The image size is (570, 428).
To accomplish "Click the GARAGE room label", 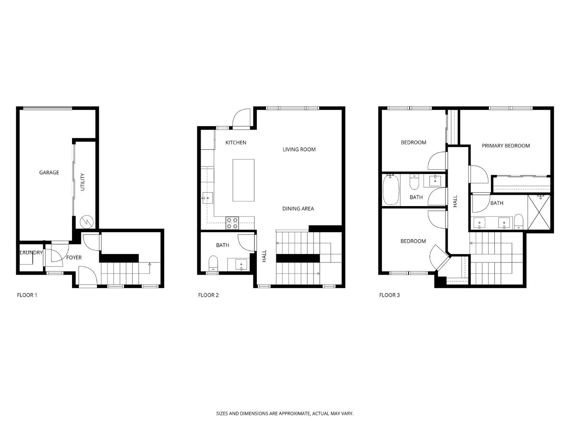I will coord(49,172).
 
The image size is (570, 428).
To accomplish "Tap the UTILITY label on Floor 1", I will coord(83,182).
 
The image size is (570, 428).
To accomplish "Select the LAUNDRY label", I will coord(31,252).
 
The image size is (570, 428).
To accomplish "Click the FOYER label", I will coord(74,258).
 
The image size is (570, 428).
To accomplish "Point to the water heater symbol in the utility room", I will coord(86,222).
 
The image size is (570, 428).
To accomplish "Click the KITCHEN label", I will coord(236,143).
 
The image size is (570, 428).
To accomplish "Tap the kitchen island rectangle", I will coord(243,180).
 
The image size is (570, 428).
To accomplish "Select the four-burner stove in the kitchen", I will coord(232,223).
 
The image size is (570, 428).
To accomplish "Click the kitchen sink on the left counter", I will coord(207,198).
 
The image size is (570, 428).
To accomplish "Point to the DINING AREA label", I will coord(298,209).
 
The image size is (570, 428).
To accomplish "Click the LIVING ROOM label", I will coord(299,149).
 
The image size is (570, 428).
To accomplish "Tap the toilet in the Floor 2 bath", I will coord(213,263).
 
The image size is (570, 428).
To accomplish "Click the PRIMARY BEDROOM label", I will coord(506,146).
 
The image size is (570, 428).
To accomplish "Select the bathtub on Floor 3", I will coord(391,190).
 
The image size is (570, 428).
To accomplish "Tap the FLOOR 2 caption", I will coord(208,295).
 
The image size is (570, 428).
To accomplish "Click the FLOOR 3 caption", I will coord(389,295).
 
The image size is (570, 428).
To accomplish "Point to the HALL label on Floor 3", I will coord(455,201).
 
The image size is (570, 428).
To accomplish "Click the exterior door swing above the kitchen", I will coord(241,118).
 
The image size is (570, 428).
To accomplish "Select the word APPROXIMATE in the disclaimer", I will coord(294,413).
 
